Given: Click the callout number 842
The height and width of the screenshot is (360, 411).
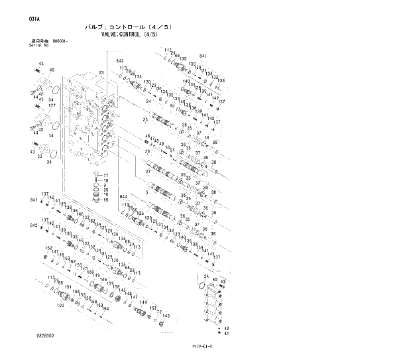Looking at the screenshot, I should click(120, 61).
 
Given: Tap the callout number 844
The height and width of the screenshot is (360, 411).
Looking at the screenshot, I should click(123, 197).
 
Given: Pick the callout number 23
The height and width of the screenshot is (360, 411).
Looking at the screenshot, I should click(101, 72).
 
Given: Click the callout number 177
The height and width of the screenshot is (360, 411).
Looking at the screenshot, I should click(51, 105).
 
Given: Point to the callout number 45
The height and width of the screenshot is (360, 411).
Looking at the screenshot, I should click(52, 70).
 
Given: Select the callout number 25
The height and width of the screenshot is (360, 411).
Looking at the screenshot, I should click(145, 119).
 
